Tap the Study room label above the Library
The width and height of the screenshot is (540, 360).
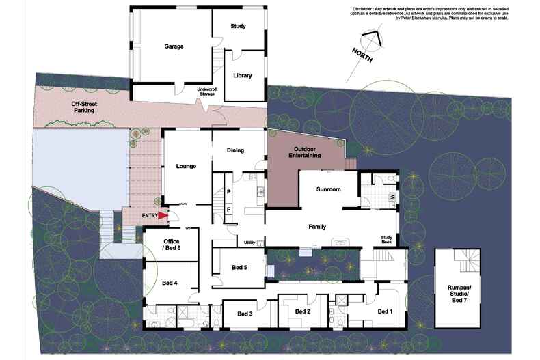(238, 27)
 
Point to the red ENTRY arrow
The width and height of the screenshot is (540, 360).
(163, 216)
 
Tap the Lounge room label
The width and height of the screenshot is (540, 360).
(186, 165)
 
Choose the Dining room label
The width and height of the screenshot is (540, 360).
(235, 150)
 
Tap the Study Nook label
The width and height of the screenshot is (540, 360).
(388, 240)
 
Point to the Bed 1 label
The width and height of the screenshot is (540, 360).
(386, 311)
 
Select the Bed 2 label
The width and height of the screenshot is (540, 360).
(303, 311)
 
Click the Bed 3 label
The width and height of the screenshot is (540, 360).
(245, 314)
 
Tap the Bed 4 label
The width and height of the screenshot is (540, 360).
(170, 283)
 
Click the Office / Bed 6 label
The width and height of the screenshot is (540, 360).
(172, 244)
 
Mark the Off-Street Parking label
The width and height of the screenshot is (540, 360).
(83, 107)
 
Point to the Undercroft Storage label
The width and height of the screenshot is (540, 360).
(206, 92)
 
